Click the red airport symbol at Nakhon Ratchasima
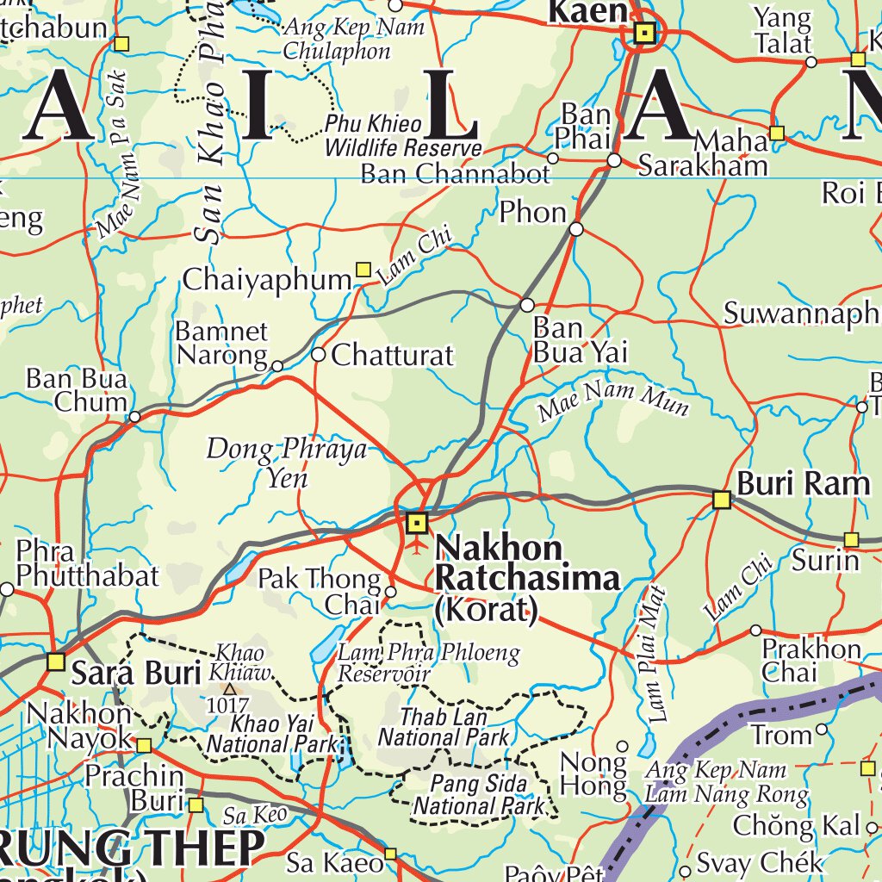coord(417,545)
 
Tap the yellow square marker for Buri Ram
coord(722,500)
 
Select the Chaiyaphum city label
coord(267,280)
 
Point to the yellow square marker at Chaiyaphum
coord(363,270)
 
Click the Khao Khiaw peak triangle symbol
coord(229,689)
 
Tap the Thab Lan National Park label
coord(444,727)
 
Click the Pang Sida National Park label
coord(479,795)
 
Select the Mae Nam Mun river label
coord(613,400)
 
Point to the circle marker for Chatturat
coord(318,354)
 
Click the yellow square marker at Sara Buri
coord(56,661)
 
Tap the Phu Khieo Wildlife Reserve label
coord(403,136)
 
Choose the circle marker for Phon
coord(576,229)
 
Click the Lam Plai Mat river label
coord(656,653)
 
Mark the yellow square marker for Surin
coord(851,539)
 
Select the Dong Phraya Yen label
coord(286,463)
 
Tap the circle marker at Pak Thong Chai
coord(390,592)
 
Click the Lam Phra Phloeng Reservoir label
coord(428,663)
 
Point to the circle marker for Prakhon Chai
coord(755,630)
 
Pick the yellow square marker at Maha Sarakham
coord(777,133)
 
